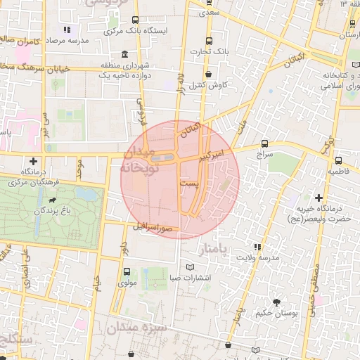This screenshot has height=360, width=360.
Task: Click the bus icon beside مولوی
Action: [x=127, y=272]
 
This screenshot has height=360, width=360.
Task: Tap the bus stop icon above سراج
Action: [x=264, y=143]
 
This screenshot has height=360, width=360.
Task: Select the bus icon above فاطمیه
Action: [x=339, y=160]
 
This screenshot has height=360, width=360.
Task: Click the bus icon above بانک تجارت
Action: [x=209, y=41]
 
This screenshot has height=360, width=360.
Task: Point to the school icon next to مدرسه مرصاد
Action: [x=67, y=30]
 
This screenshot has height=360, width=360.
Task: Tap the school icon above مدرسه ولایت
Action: [x=257, y=247]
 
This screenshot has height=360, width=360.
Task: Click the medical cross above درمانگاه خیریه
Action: [x=319, y=198]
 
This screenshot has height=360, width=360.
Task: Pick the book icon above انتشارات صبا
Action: [x=190, y=267]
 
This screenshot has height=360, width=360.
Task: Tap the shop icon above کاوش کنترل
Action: [x=208, y=75]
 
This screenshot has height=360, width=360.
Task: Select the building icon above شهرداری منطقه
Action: [x=124, y=55]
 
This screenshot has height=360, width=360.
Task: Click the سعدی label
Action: [x=208, y=12]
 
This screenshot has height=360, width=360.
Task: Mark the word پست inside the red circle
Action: [x=189, y=182]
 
